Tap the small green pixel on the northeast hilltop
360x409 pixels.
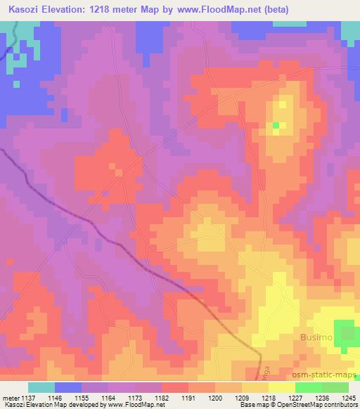(276, 125)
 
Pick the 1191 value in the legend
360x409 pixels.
(188, 397)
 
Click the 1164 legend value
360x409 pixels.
(109, 397)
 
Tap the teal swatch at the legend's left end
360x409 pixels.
(41, 387)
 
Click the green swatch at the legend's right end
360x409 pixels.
(335, 387)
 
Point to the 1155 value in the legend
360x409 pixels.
(82, 397)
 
